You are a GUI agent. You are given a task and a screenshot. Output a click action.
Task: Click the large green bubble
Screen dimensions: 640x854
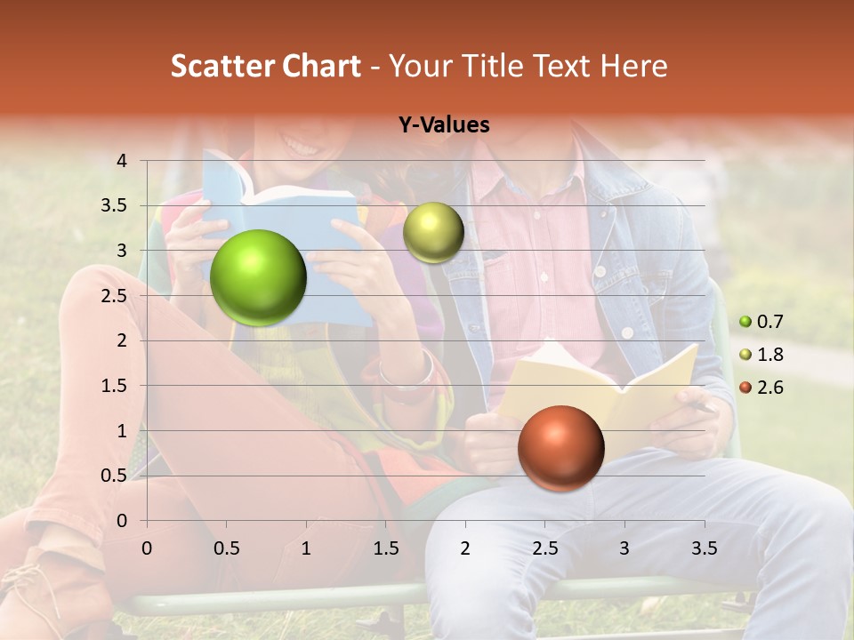coord(258,277)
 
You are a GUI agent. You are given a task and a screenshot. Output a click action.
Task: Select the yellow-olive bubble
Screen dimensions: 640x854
coord(433,232)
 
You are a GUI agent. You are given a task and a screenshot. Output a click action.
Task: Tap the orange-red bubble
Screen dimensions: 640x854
coord(560,448)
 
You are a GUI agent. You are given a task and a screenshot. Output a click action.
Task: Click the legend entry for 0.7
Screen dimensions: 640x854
coord(763,322)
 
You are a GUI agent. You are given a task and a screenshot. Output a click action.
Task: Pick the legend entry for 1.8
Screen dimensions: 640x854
coord(763,355)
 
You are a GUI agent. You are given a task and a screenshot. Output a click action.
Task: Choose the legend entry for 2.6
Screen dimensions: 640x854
coord(763,388)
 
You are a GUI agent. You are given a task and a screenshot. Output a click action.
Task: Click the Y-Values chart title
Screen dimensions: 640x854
coord(444,125)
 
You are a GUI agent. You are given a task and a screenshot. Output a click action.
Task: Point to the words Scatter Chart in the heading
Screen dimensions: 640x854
coord(265,66)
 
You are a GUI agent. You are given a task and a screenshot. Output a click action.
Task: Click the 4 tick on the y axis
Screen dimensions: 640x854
coord(122,161)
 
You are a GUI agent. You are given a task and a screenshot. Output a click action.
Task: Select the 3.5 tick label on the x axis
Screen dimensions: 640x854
coord(704,548)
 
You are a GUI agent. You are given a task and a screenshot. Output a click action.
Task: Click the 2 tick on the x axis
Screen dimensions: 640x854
coord(464,548)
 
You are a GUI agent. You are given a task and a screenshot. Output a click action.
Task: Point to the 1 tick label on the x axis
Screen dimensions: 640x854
coord(306,548)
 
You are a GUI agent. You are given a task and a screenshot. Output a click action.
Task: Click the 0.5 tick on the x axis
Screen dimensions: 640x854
coord(227,548)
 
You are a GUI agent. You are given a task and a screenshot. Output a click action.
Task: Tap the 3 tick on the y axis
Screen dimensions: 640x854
coord(122,251)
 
